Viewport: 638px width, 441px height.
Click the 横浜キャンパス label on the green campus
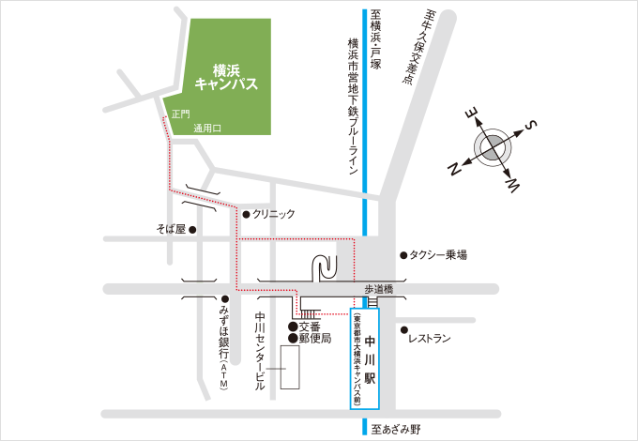(x=226, y=76)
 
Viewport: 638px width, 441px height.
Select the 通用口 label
(x=207, y=128)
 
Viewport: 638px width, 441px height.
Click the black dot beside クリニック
(x=247, y=214)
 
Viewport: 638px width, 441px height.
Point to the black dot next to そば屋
(x=192, y=229)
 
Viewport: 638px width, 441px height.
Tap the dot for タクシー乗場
(x=403, y=254)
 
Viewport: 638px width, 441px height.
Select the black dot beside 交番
(x=293, y=327)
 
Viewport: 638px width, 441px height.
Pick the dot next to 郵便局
(x=293, y=338)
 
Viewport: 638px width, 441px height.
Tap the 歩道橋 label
(x=381, y=291)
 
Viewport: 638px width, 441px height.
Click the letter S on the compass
(x=530, y=126)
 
